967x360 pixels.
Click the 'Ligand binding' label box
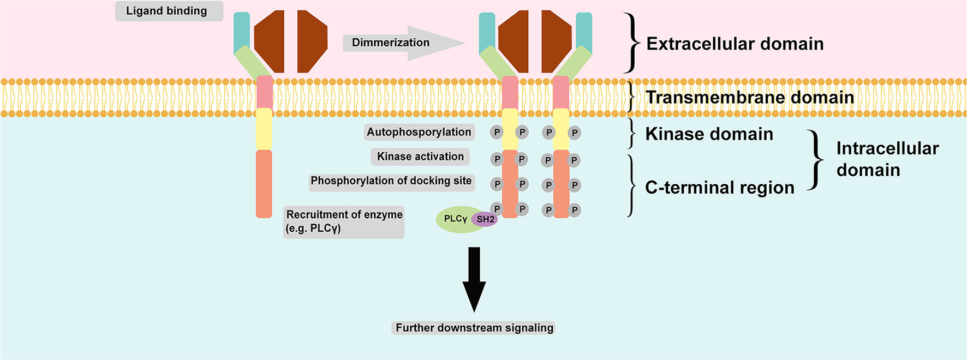pos(169,11)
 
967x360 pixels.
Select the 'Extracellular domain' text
pos(735,44)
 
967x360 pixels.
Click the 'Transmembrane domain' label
pos(749,97)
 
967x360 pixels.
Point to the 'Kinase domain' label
pos(709,134)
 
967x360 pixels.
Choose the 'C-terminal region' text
pos(719,187)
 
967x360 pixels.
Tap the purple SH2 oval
pos(485,219)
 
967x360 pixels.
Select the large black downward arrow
pos(474,278)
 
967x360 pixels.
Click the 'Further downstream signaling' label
pos(474,328)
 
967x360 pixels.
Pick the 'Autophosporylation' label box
pos(419,132)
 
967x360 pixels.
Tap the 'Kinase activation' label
pos(420,157)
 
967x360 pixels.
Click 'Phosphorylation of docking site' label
pos(391,181)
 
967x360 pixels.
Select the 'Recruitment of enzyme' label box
pos(344,221)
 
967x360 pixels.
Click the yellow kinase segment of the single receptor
pos(264,129)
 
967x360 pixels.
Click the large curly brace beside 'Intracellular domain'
pos(815,159)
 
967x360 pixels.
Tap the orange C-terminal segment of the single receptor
pos(264,184)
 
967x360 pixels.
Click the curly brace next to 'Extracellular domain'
pos(631,43)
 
